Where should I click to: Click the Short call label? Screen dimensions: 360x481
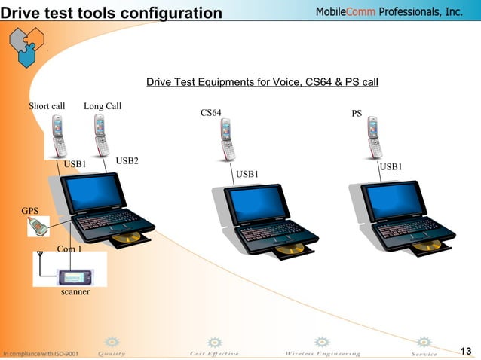47,106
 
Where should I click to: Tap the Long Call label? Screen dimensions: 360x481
103,106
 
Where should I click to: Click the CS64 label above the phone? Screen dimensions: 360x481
211,113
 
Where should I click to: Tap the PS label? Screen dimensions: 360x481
357,114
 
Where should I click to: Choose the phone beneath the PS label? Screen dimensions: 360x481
374,138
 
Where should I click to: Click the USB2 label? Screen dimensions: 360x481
127,160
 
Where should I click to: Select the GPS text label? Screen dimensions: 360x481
30,212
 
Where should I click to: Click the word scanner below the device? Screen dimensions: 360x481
75,291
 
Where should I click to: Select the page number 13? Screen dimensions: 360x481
465,351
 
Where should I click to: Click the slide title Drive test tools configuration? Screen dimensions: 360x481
112,13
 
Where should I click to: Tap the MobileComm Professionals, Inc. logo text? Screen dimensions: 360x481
388,11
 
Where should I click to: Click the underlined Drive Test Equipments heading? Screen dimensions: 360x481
262,81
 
